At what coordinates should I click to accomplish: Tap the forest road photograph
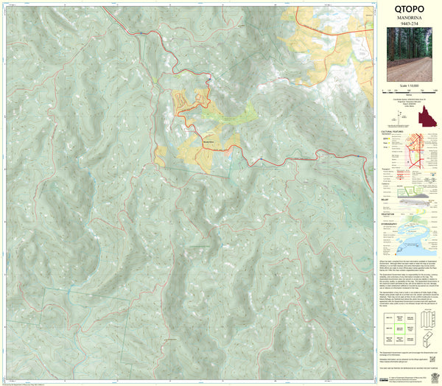tap(409, 54)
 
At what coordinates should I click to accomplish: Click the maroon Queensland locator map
tap(425, 116)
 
